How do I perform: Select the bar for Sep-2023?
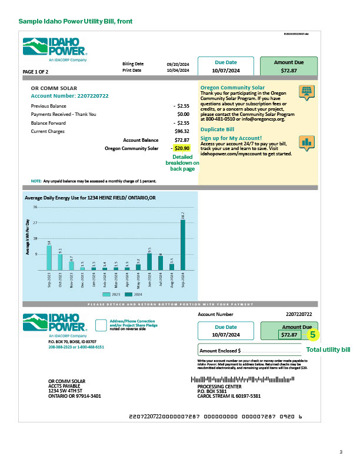(49, 258)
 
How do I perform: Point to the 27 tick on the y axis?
(35, 223)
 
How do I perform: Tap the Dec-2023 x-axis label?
(82, 278)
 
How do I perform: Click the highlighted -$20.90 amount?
(181, 148)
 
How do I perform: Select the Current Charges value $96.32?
(182, 131)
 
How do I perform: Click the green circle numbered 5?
(313, 334)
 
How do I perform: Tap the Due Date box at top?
(226, 66)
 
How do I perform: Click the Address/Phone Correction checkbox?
(99, 325)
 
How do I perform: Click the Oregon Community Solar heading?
(232, 87)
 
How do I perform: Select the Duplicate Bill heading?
(218, 129)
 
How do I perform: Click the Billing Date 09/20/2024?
(177, 63)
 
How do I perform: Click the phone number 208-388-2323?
(61, 347)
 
